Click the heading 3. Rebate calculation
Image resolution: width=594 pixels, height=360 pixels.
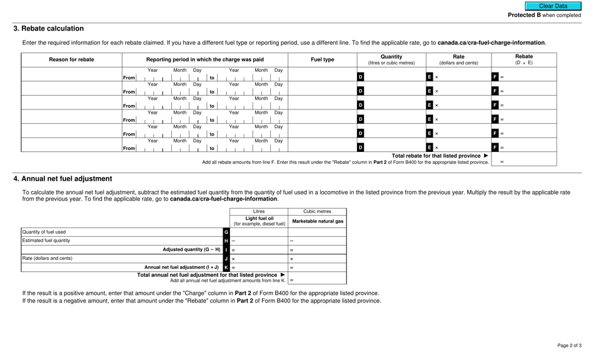(49, 29)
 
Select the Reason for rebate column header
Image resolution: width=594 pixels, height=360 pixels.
(72, 60)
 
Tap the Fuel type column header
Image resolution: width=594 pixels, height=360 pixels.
(323, 60)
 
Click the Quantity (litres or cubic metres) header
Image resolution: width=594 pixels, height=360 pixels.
(391, 60)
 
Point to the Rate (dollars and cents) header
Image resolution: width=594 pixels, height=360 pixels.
(458, 60)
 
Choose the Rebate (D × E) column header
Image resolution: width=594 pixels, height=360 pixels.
(524, 60)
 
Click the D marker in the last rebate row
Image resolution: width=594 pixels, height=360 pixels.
(360, 147)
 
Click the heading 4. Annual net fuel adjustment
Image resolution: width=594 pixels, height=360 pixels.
(63, 179)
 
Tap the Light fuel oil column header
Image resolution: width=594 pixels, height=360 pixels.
(259, 221)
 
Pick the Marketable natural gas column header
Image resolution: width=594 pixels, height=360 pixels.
(318, 221)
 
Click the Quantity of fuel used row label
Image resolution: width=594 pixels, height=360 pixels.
(44, 232)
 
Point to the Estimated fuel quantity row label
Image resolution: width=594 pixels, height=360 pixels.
(46, 241)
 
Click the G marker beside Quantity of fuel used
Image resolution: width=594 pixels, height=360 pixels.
(226, 232)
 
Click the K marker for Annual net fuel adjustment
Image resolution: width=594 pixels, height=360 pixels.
(226, 267)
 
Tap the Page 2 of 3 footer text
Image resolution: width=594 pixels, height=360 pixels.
(569, 346)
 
